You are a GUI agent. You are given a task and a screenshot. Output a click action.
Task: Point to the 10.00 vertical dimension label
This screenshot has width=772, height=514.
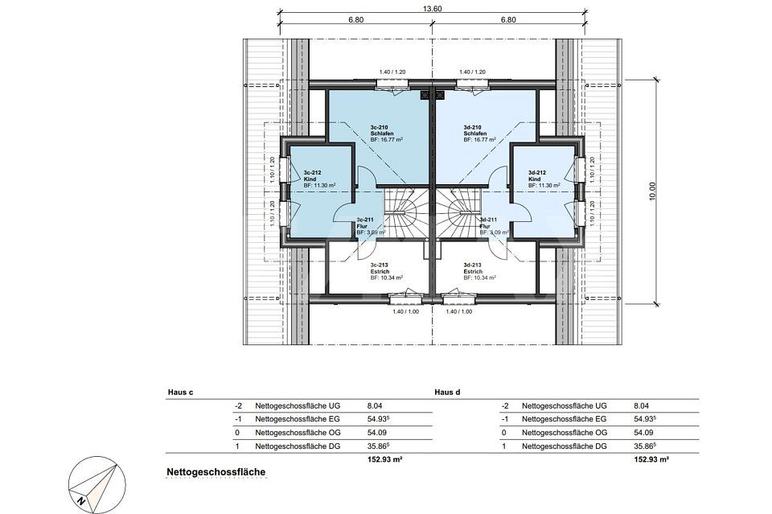pyautogui.click(x=652, y=191)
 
